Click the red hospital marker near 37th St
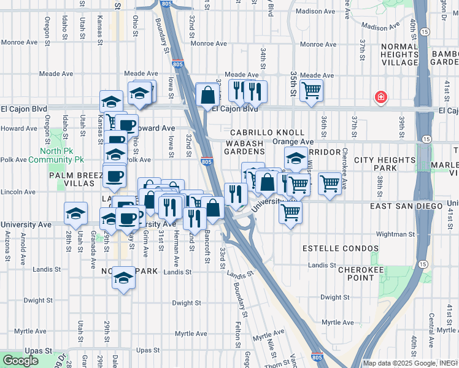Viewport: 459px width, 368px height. (x=381, y=97)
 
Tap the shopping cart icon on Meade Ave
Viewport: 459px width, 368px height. (x=312, y=90)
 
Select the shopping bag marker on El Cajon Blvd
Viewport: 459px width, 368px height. (x=207, y=94)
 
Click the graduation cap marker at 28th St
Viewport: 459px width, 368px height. (x=75, y=213)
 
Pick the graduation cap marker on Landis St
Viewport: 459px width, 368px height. (x=123, y=278)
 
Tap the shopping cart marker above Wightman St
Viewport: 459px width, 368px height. (x=290, y=212)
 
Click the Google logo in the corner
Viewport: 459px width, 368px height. (x=20, y=361)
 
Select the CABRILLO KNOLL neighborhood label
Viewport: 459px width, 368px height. (x=267, y=132)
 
